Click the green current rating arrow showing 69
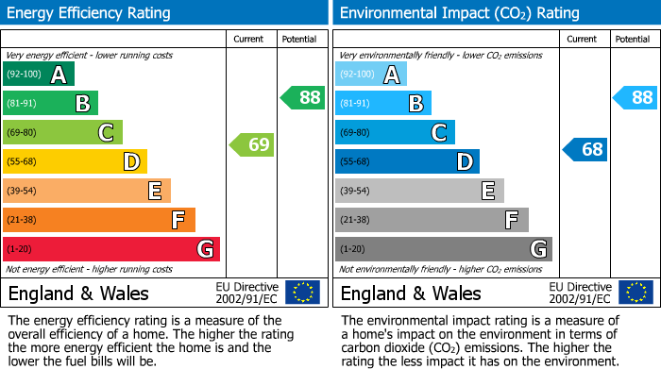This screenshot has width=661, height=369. pyautogui.click(x=251, y=144)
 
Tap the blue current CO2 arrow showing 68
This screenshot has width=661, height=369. pyautogui.click(x=585, y=149)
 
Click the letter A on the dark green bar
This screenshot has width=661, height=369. pyautogui.click(x=59, y=75)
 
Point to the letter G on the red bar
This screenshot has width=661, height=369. pyautogui.click(x=205, y=249)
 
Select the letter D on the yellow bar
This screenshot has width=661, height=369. pyautogui.click(x=131, y=162)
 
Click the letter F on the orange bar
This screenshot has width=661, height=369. pyautogui.click(x=178, y=220)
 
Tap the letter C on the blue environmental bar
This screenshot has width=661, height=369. pyautogui.click(x=439, y=133)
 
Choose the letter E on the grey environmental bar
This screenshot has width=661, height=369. pyautogui.click(x=488, y=192)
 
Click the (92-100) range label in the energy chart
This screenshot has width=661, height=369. pyautogui.click(x=24, y=75)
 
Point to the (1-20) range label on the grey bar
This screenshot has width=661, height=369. pyautogui.click(x=352, y=249)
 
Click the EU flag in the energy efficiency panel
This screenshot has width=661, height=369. pyautogui.click(x=302, y=293)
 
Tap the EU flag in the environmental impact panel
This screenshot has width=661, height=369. pyautogui.click(x=636, y=293)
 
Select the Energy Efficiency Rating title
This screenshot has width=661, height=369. pyautogui.click(x=90, y=13)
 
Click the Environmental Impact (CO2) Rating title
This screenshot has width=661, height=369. pyautogui.click(x=459, y=13)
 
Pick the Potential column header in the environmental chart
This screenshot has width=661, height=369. pyautogui.click(x=633, y=39)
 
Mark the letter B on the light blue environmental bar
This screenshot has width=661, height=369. pyautogui.click(x=415, y=104)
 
